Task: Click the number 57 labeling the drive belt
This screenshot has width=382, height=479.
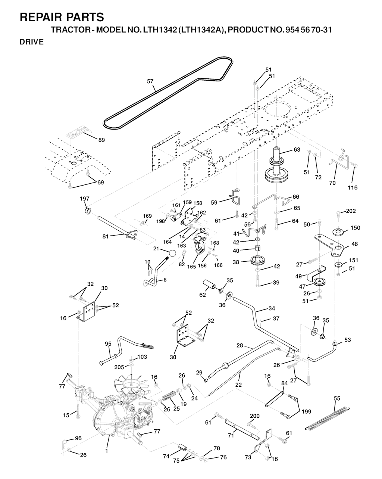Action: [x=150, y=81]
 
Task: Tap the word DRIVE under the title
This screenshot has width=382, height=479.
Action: [x=32, y=42]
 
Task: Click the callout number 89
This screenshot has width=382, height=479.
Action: [x=101, y=140]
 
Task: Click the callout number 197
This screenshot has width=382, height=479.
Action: [x=85, y=199]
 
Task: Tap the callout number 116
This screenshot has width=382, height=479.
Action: [x=353, y=188]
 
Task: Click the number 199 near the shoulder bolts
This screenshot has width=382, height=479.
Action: [x=306, y=412]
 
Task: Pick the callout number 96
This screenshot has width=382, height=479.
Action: [x=78, y=438]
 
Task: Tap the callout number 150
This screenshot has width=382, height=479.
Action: [x=355, y=228]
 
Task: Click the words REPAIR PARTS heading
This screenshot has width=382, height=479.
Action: [x=62, y=17]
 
